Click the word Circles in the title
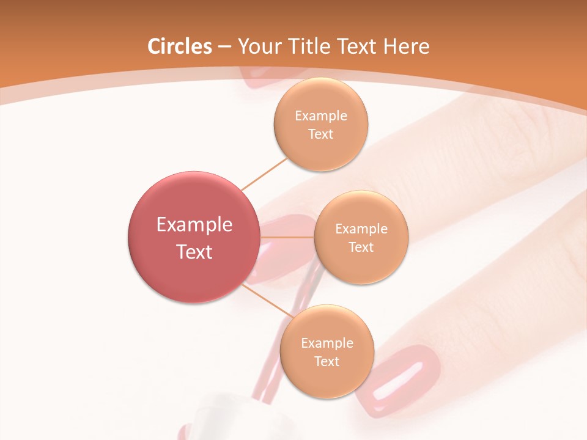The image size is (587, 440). [180, 46]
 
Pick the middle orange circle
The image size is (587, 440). [361, 237]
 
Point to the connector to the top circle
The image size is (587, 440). [264, 174]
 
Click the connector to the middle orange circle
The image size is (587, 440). [287, 237]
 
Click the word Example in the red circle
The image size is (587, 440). [194, 225]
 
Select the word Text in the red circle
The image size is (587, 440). [194, 252]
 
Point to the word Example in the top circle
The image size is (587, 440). [320, 116]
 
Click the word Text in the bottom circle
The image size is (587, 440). [327, 361]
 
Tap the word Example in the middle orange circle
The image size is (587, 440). [361, 229]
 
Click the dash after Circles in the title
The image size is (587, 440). [224, 47]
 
